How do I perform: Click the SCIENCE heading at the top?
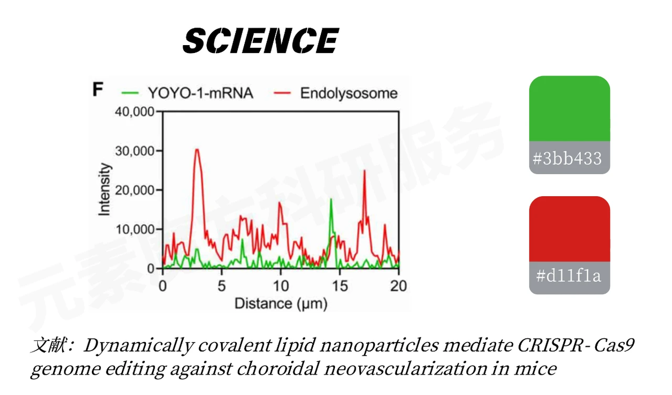[260, 41]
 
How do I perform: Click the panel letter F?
[98, 90]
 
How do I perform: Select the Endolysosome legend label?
[348, 93]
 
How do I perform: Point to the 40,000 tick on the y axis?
[134, 112]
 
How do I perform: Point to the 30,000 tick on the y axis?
[134, 151]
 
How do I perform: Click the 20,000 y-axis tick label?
[134, 190]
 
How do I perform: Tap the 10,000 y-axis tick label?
[134, 230]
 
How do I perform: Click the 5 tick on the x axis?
[222, 286]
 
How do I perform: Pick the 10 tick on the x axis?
[281, 286]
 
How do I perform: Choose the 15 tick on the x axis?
[340, 286]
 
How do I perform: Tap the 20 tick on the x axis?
[399, 286]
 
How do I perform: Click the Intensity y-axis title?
[104, 189]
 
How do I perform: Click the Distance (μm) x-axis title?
[280, 304]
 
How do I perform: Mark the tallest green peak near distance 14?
[331, 200]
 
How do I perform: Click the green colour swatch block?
[569, 108]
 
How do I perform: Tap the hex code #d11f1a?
[569, 277]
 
